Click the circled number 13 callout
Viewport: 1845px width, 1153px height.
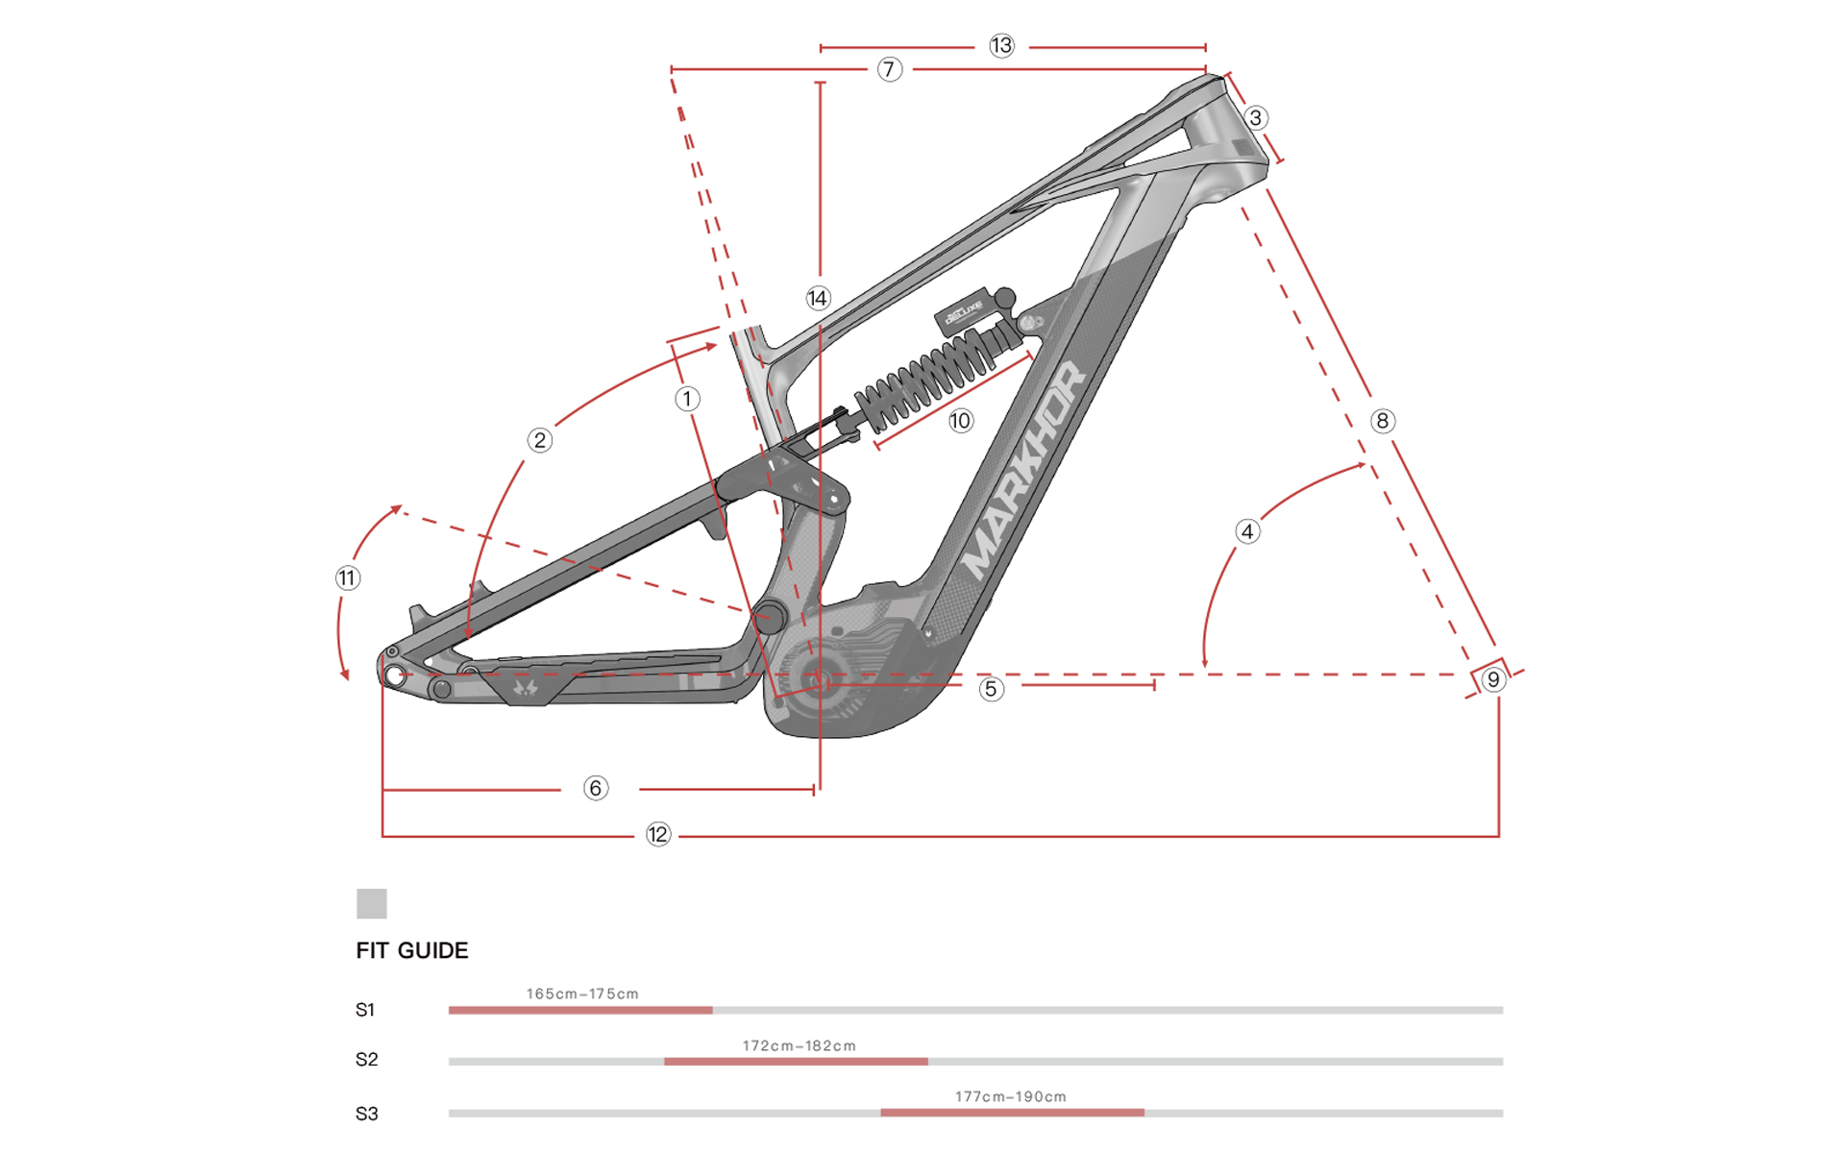(x=1001, y=45)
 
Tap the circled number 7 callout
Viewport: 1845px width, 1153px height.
(x=890, y=69)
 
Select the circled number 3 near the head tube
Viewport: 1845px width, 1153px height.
(x=1255, y=118)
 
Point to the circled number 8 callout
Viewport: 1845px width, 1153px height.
(x=1382, y=421)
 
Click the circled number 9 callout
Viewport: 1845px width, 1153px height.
(x=1492, y=679)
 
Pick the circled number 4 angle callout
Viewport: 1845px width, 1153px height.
(x=1247, y=531)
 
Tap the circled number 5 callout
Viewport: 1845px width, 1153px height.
(x=991, y=689)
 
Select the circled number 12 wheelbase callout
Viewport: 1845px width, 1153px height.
(x=657, y=834)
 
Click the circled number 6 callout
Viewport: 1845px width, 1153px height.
(x=596, y=789)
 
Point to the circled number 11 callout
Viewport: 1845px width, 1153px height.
(x=347, y=578)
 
